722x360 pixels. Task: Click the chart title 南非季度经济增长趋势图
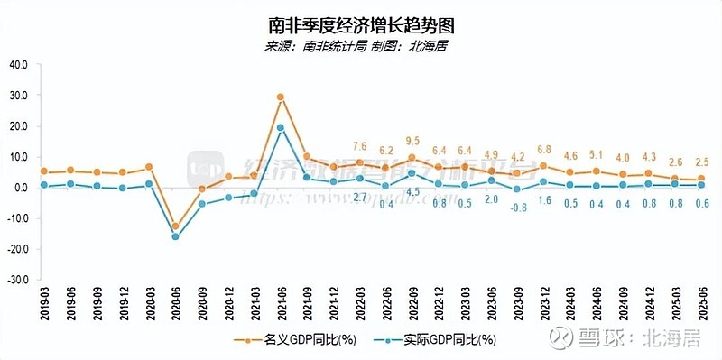click(x=361, y=23)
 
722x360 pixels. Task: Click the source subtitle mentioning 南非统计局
click(x=361, y=47)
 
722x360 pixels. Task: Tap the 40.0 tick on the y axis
click(x=19, y=65)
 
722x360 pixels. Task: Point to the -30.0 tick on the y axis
click(x=17, y=280)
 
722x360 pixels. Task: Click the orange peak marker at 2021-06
click(x=281, y=97)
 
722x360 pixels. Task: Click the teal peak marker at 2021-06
click(x=281, y=127)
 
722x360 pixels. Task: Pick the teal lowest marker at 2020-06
click(x=175, y=236)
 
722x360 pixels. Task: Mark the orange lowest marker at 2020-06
click(x=175, y=226)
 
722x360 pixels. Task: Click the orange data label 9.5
click(x=412, y=142)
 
